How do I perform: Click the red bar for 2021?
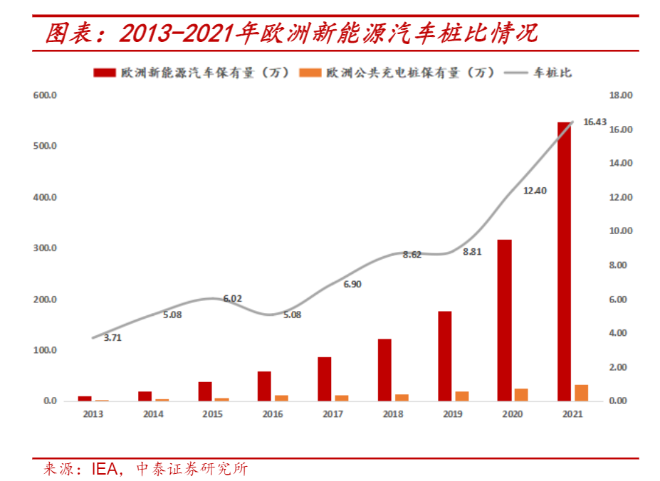coord(564,262)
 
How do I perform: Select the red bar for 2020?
coord(504,320)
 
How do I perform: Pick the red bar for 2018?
coord(384,370)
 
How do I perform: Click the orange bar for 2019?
coord(462,396)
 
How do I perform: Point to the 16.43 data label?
coord(594,122)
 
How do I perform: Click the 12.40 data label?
coord(535,191)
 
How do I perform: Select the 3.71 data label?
coord(112,338)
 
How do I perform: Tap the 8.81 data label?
coord(472,252)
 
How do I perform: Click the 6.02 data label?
coord(232,299)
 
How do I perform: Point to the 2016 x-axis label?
coord(273,414)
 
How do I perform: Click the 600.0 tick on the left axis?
coord(45,95)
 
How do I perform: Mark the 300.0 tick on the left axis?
coord(45,248)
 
